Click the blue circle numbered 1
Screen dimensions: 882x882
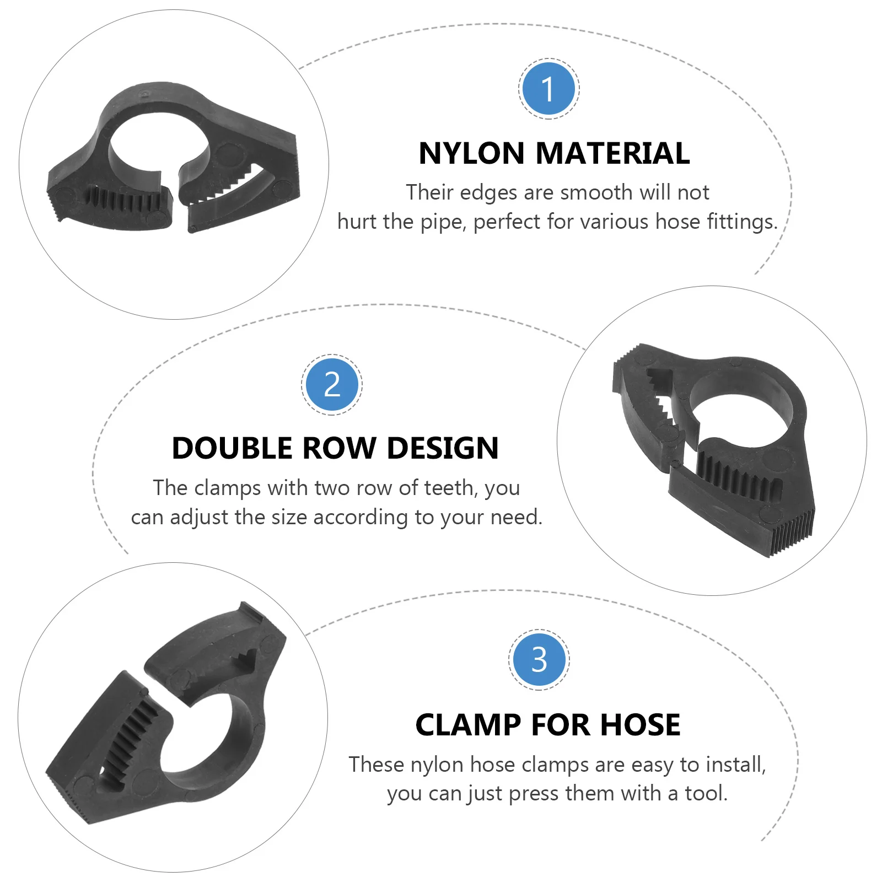[548, 88]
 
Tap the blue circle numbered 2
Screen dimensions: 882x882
[332, 384]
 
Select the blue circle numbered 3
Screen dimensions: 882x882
[539, 659]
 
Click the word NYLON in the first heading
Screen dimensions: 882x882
[471, 153]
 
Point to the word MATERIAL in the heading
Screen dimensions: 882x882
[612, 153]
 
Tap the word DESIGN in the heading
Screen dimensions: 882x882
[443, 448]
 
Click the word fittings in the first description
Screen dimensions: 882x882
[741, 222]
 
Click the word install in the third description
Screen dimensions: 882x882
[735, 765]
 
